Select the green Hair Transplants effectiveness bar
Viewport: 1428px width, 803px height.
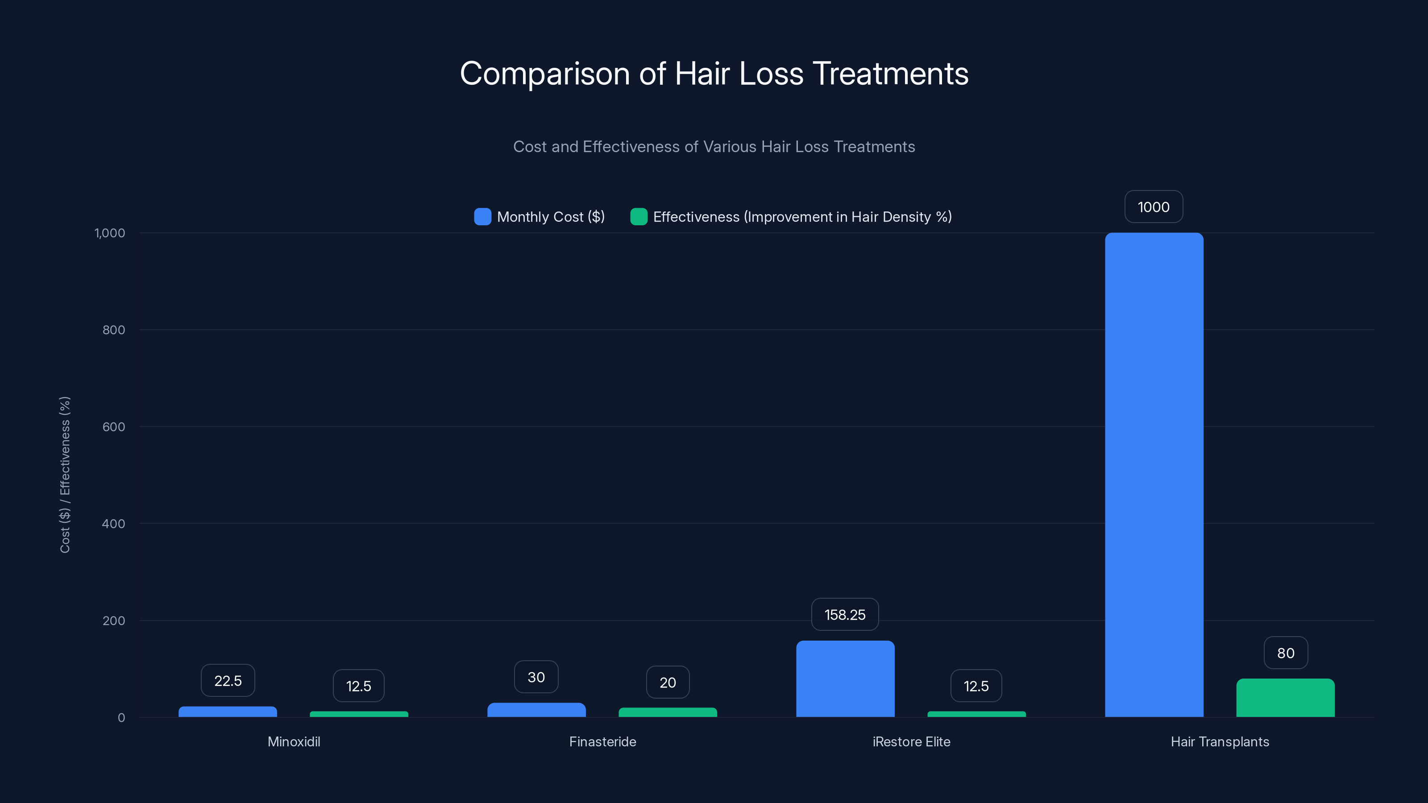point(1285,698)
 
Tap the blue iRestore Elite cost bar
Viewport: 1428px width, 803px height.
point(845,679)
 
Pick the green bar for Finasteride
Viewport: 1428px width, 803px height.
point(668,712)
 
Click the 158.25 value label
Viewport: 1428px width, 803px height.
point(845,615)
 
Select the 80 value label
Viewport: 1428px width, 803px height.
point(1286,653)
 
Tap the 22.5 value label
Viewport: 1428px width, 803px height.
point(227,680)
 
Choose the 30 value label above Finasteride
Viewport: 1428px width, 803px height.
point(536,677)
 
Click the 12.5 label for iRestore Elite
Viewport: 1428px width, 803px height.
point(976,686)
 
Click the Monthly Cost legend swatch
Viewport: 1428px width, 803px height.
point(482,217)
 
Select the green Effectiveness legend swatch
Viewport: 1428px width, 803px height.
point(639,217)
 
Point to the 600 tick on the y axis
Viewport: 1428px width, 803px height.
point(114,427)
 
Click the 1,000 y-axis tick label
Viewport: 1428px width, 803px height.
point(110,233)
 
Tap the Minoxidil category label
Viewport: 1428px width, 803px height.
point(294,741)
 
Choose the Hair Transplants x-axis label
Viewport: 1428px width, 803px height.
point(1220,741)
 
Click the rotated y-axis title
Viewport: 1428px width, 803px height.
point(65,474)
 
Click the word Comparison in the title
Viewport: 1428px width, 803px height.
point(544,74)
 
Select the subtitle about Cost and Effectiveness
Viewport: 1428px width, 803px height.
point(714,147)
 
